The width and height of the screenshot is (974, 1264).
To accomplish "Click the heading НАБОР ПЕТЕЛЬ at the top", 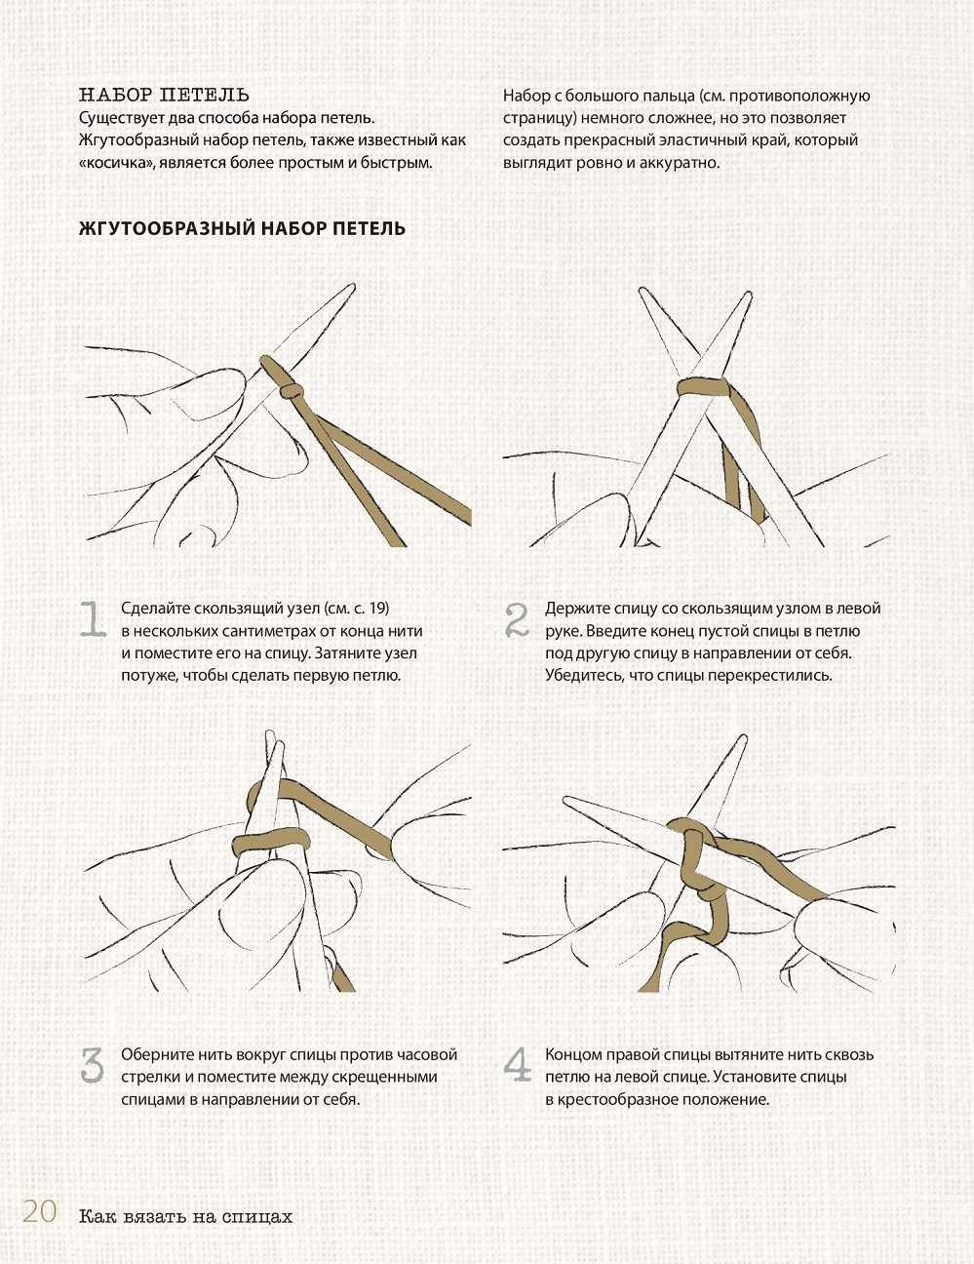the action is (x=164, y=95).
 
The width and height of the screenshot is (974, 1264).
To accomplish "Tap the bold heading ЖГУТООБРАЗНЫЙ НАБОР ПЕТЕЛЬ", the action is (x=242, y=228).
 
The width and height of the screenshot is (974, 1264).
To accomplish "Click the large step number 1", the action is (x=93, y=620).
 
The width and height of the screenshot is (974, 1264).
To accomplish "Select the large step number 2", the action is (x=517, y=620).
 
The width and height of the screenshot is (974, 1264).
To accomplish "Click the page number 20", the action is (x=40, y=1211).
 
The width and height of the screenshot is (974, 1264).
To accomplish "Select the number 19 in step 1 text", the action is (x=378, y=609).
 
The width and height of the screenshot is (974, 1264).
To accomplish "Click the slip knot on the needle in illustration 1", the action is (x=291, y=391).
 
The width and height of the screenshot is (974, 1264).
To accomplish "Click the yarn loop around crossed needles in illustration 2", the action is (x=704, y=385).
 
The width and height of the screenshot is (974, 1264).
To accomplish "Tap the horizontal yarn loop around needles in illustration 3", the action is (x=270, y=843).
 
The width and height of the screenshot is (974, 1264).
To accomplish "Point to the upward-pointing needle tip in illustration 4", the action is (x=743, y=738).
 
